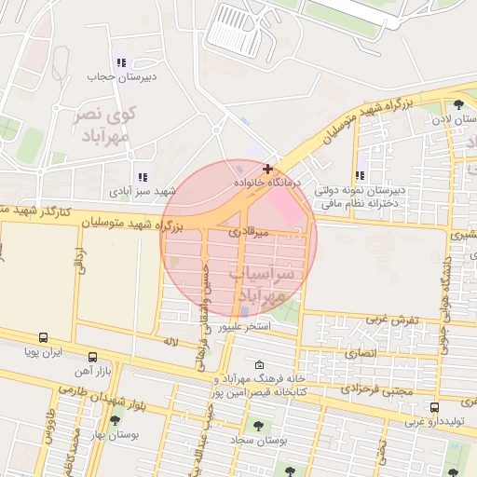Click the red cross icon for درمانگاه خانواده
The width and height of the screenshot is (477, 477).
[x=268, y=169]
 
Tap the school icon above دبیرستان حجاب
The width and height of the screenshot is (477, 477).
[x=121, y=62]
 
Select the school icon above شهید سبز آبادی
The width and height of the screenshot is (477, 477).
[x=142, y=176]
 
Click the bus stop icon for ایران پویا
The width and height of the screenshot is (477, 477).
[x=44, y=338]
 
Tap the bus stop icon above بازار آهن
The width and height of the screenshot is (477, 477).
[x=92, y=357]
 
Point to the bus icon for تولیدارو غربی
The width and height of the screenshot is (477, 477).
[x=434, y=407]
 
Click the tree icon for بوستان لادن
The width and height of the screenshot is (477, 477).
[x=457, y=104]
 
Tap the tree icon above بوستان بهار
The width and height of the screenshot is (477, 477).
[x=115, y=421]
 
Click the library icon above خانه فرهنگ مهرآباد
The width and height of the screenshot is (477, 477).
[x=259, y=364]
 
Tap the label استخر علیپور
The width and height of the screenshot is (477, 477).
[x=244, y=328]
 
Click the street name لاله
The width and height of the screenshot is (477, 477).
[x=170, y=342]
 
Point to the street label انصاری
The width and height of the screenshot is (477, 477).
[x=363, y=354]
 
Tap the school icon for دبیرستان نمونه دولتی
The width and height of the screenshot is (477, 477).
[x=360, y=175]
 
